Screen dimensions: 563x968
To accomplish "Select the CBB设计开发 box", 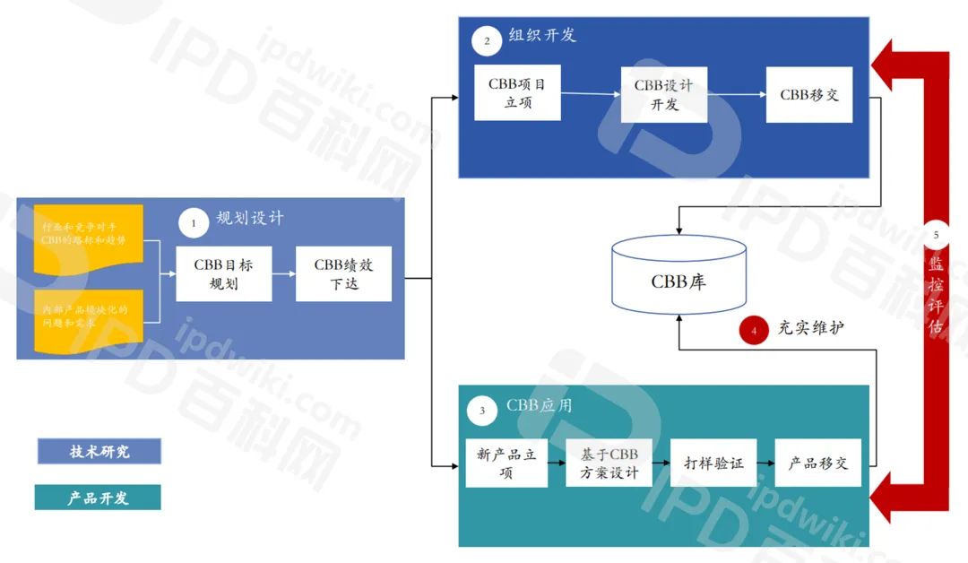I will pos(664,94).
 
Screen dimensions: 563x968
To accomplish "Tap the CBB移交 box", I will pos(808,94).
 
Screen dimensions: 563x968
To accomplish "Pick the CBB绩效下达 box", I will pos(344,274).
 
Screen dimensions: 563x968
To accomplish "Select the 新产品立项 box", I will pos(506,463).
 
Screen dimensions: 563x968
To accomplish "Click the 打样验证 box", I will pos(713,463).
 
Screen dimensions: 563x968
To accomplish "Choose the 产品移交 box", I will pos(817,463).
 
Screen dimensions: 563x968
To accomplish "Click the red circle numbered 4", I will pos(754,330).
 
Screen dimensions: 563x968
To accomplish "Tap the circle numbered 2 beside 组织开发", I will pos(487,40).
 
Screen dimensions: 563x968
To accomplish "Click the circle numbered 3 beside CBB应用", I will pos(482,411).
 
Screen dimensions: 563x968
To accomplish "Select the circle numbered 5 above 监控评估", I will pos(936,235).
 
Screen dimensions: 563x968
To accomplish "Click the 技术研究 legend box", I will pos(99,451).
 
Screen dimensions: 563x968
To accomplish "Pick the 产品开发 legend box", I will pos(98,498).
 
